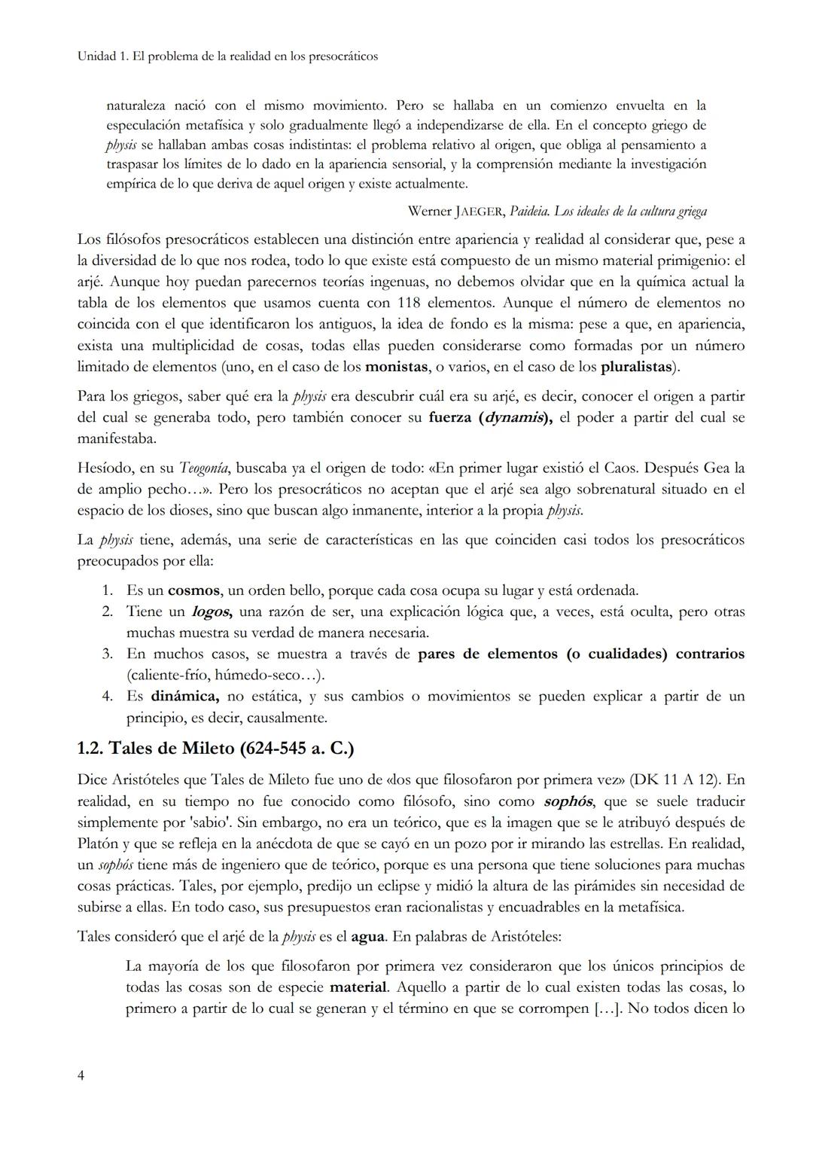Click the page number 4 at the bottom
click(x=81, y=1075)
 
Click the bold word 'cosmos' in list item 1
click(x=193, y=590)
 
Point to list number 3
click(x=107, y=654)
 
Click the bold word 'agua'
click(x=368, y=937)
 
